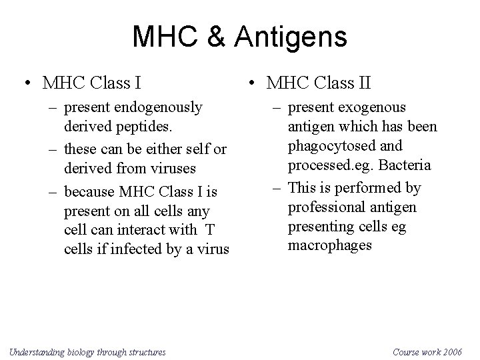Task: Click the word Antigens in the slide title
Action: pyautogui.click(x=293, y=37)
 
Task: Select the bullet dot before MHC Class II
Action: pyautogui.click(x=251, y=84)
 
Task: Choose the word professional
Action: pyautogui.click(x=326, y=208)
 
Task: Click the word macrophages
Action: pyautogui.click(x=330, y=246)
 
